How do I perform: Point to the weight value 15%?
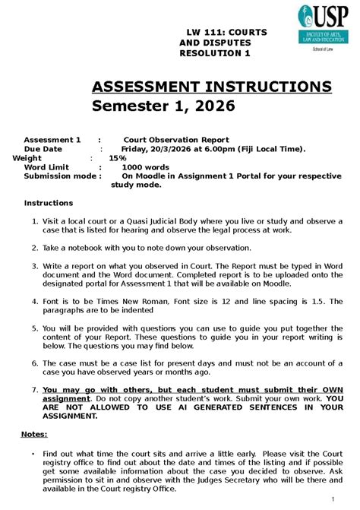click(118, 158)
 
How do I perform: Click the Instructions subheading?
click(49, 203)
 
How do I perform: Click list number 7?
click(35, 388)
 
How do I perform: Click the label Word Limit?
click(46, 167)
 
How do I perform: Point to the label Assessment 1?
click(52, 140)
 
